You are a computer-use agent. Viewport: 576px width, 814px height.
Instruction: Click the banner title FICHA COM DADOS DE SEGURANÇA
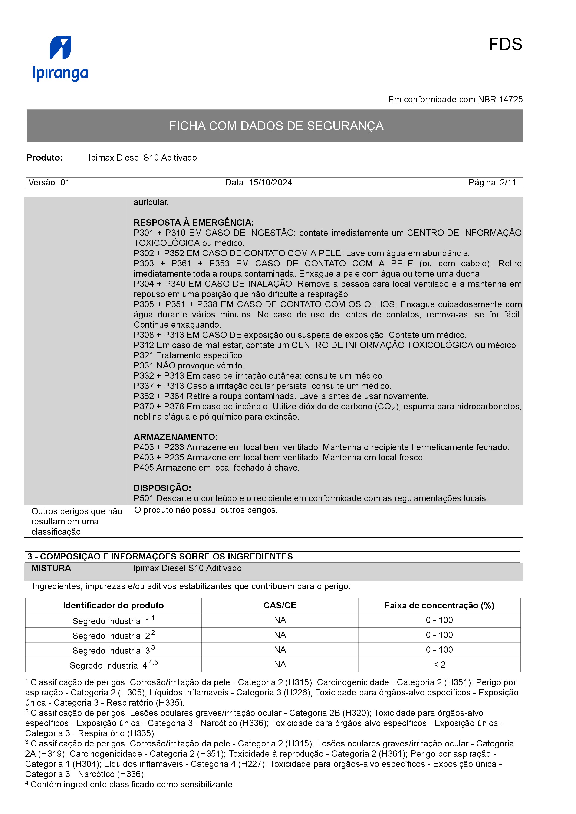276,126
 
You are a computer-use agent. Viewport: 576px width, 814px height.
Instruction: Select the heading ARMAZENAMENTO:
175,437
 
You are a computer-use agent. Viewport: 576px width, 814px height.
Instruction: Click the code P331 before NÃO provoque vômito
144,365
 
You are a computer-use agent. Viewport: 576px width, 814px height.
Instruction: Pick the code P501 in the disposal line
144,498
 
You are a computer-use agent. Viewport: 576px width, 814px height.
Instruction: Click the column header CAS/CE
280,606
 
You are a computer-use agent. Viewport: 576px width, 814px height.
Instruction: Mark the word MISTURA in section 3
51,568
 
